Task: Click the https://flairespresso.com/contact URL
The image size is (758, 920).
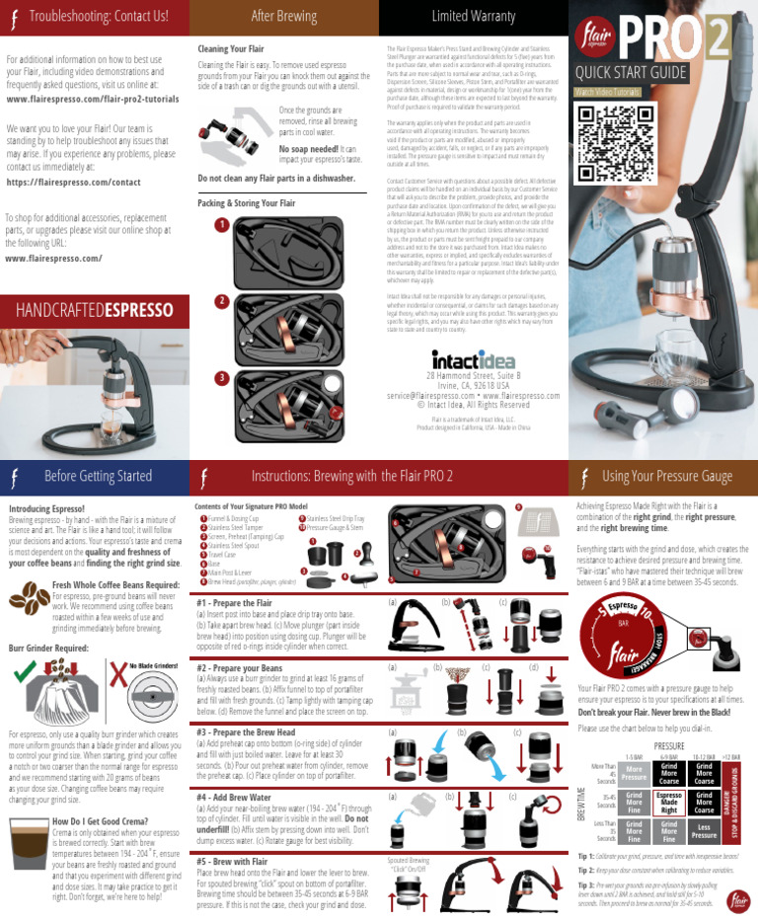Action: point(73,183)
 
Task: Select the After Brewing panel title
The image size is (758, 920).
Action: point(283,16)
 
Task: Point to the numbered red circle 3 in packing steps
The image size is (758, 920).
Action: point(223,377)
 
